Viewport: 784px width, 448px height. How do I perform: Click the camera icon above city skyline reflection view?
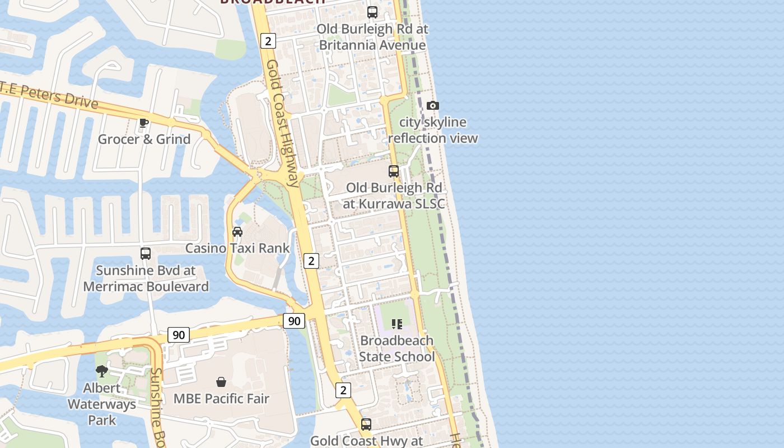[432, 105]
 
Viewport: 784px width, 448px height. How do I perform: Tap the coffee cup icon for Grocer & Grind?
[144, 123]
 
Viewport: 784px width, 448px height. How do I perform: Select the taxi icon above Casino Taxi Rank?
[237, 231]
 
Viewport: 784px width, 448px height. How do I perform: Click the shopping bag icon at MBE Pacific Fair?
[221, 382]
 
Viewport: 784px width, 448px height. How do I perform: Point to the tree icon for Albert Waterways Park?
[102, 371]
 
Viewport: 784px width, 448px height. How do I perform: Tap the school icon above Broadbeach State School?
[397, 324]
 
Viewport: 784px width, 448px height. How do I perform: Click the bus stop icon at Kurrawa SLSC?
[394, 171]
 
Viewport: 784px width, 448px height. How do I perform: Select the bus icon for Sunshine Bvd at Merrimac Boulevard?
[146, 254]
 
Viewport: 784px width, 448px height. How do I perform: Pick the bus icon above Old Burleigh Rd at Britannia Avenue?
[372, 12]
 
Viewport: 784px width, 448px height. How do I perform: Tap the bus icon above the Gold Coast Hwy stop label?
[366, 424]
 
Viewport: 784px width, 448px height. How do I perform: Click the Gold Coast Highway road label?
[282, 123]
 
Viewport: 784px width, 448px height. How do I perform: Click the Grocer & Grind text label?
[144, 139]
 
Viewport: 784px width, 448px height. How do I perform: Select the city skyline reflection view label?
[432, 130]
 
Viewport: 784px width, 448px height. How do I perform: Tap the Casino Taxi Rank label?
[237, 248]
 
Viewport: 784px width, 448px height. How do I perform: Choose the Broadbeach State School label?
[396, 348]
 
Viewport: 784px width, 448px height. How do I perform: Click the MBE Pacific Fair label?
[221, 399]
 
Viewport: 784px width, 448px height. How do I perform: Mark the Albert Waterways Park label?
[102, 404]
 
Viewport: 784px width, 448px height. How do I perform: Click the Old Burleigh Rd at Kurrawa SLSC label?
[394, 195]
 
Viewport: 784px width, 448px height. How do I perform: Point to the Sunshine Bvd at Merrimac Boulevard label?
[146, 278]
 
